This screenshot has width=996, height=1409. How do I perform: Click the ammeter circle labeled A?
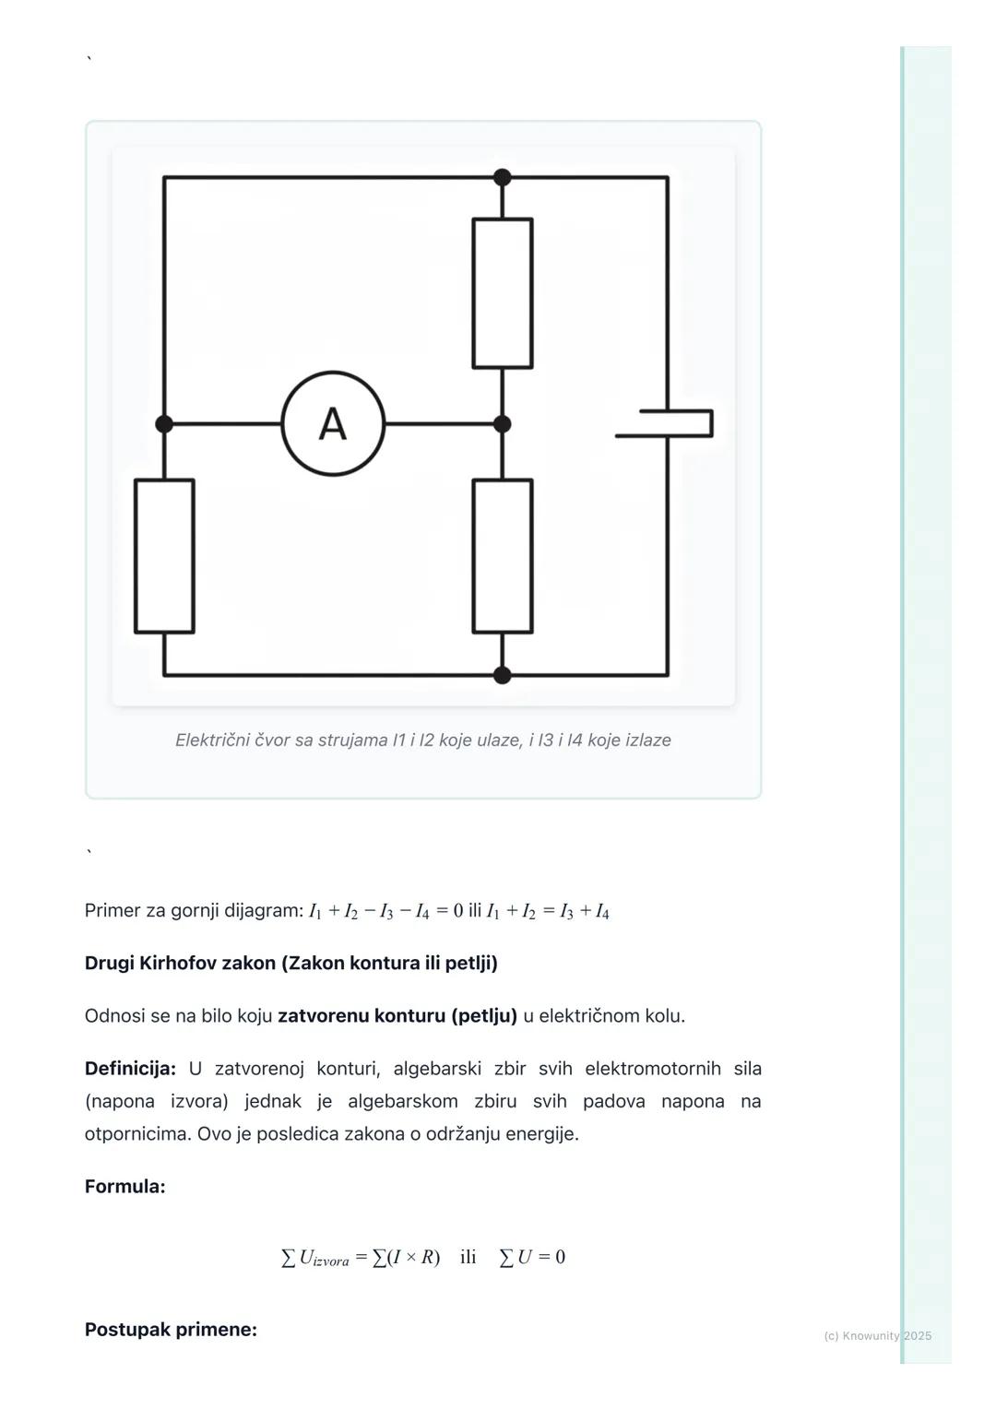coord(333,423)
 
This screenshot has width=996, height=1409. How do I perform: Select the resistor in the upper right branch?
coord(503,293)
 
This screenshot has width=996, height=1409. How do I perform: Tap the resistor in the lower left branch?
coord(164,556)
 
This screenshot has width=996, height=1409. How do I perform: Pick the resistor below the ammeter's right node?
coord(503,556)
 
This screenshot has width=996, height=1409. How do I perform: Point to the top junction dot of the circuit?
coord(503,177)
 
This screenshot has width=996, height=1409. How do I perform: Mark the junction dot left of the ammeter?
coord(164,424)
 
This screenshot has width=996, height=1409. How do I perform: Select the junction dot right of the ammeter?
coord(503,424)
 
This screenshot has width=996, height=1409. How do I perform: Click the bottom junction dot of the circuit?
coord(503,675)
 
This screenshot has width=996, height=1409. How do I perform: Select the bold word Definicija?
coord(130,1069)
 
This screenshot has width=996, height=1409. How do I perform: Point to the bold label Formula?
coord(125,1187)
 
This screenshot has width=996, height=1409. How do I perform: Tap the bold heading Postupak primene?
coord(171,1330)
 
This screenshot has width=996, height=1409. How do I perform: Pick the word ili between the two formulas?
coord(468,1258)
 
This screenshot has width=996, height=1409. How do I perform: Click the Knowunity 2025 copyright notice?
coord(877,1335)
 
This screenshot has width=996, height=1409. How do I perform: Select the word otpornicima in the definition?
coord(137,1134)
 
